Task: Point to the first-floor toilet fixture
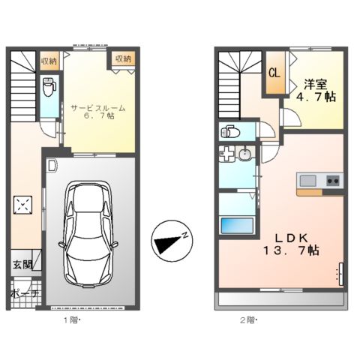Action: coord(48,88)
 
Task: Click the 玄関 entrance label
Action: coord(21,264)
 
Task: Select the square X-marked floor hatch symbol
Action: coord(24,205)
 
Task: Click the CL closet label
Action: coord(274,73)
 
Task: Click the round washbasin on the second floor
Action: coord(245,155)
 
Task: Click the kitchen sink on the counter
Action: coord(309,181)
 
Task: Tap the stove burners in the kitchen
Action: coord(332,181)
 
